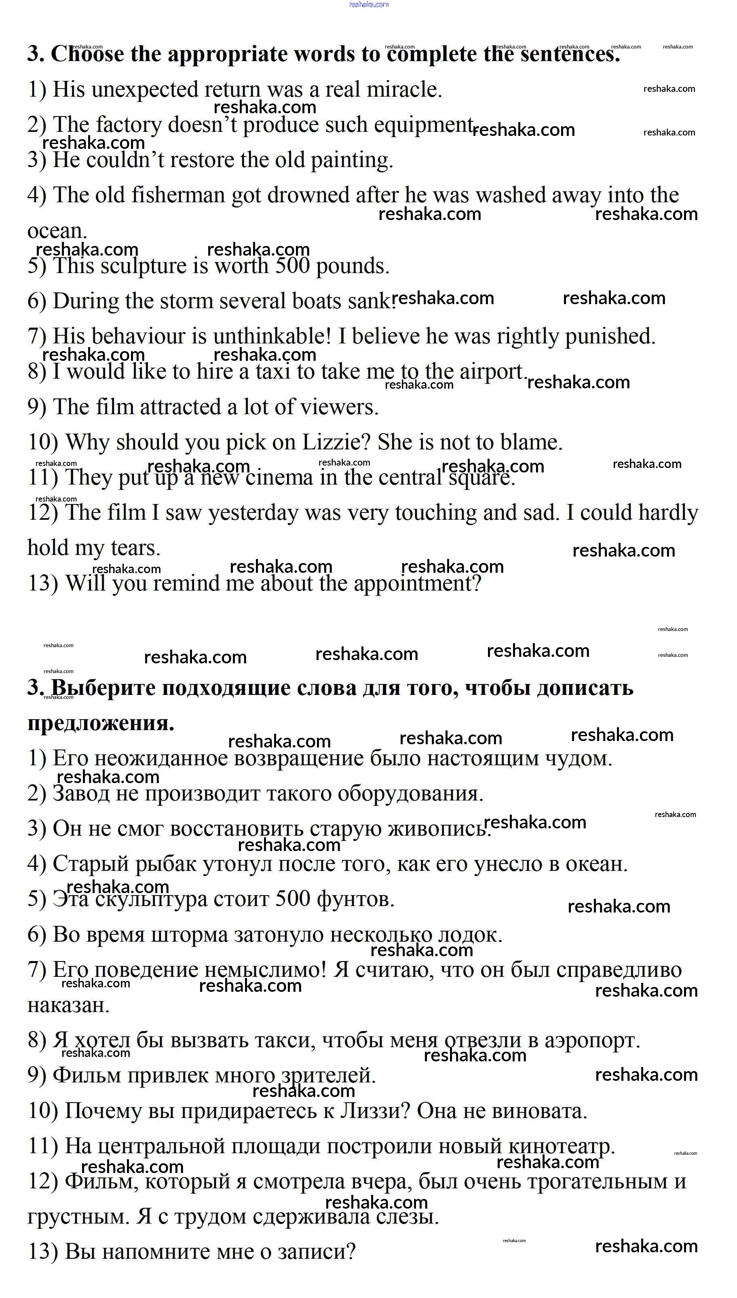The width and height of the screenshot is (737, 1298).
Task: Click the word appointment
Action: click(x=416, y=583)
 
